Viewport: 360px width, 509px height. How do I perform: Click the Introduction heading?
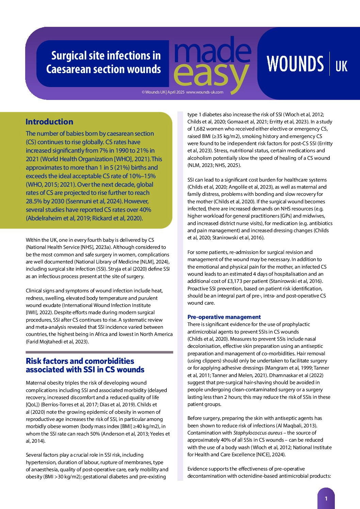coord(49,122)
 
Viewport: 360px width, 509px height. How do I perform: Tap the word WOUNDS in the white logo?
coord(295,64)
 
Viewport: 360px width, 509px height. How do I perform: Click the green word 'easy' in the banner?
coord(211,74)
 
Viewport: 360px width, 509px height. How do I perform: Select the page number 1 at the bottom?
coord(326,498)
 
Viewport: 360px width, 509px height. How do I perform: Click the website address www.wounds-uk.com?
coord(204,92)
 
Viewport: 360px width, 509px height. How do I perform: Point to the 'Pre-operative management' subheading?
coord(224,317)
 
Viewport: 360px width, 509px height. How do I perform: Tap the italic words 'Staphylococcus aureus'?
coord(258,433)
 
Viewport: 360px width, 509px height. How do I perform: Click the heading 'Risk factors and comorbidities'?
coord(80,361)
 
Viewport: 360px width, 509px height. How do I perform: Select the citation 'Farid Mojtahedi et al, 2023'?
coord(57,342)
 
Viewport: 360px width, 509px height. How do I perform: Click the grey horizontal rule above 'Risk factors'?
coord(99,352)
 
